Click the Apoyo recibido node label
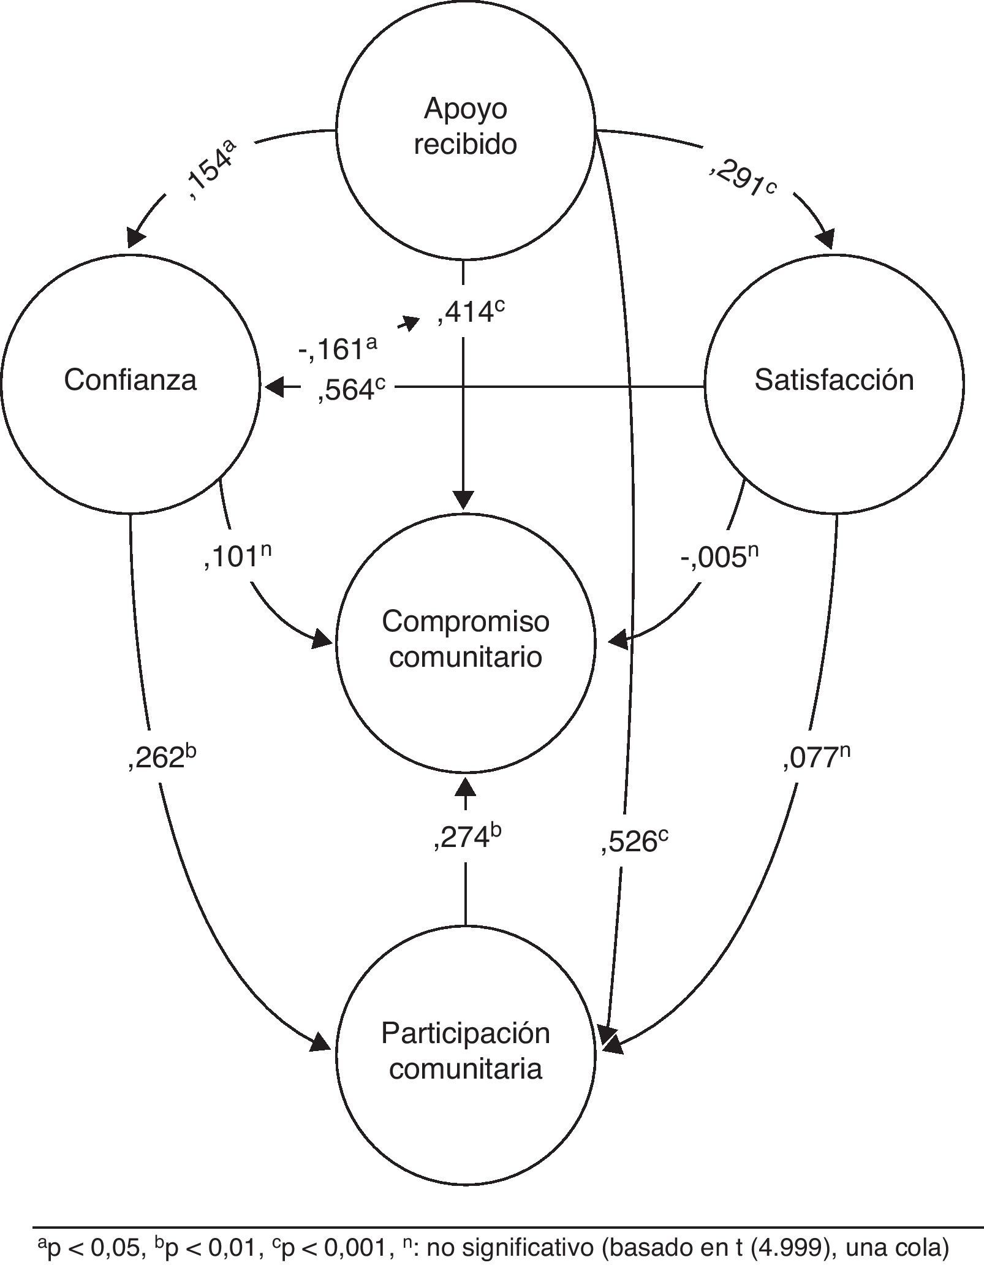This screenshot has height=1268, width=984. pos(465,127)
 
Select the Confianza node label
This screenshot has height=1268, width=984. pos(130,380)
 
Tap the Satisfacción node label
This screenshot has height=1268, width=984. pos(834,380)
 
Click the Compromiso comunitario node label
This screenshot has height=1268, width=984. pos(465,639)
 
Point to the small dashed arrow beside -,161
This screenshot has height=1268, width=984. pos(409,322)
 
